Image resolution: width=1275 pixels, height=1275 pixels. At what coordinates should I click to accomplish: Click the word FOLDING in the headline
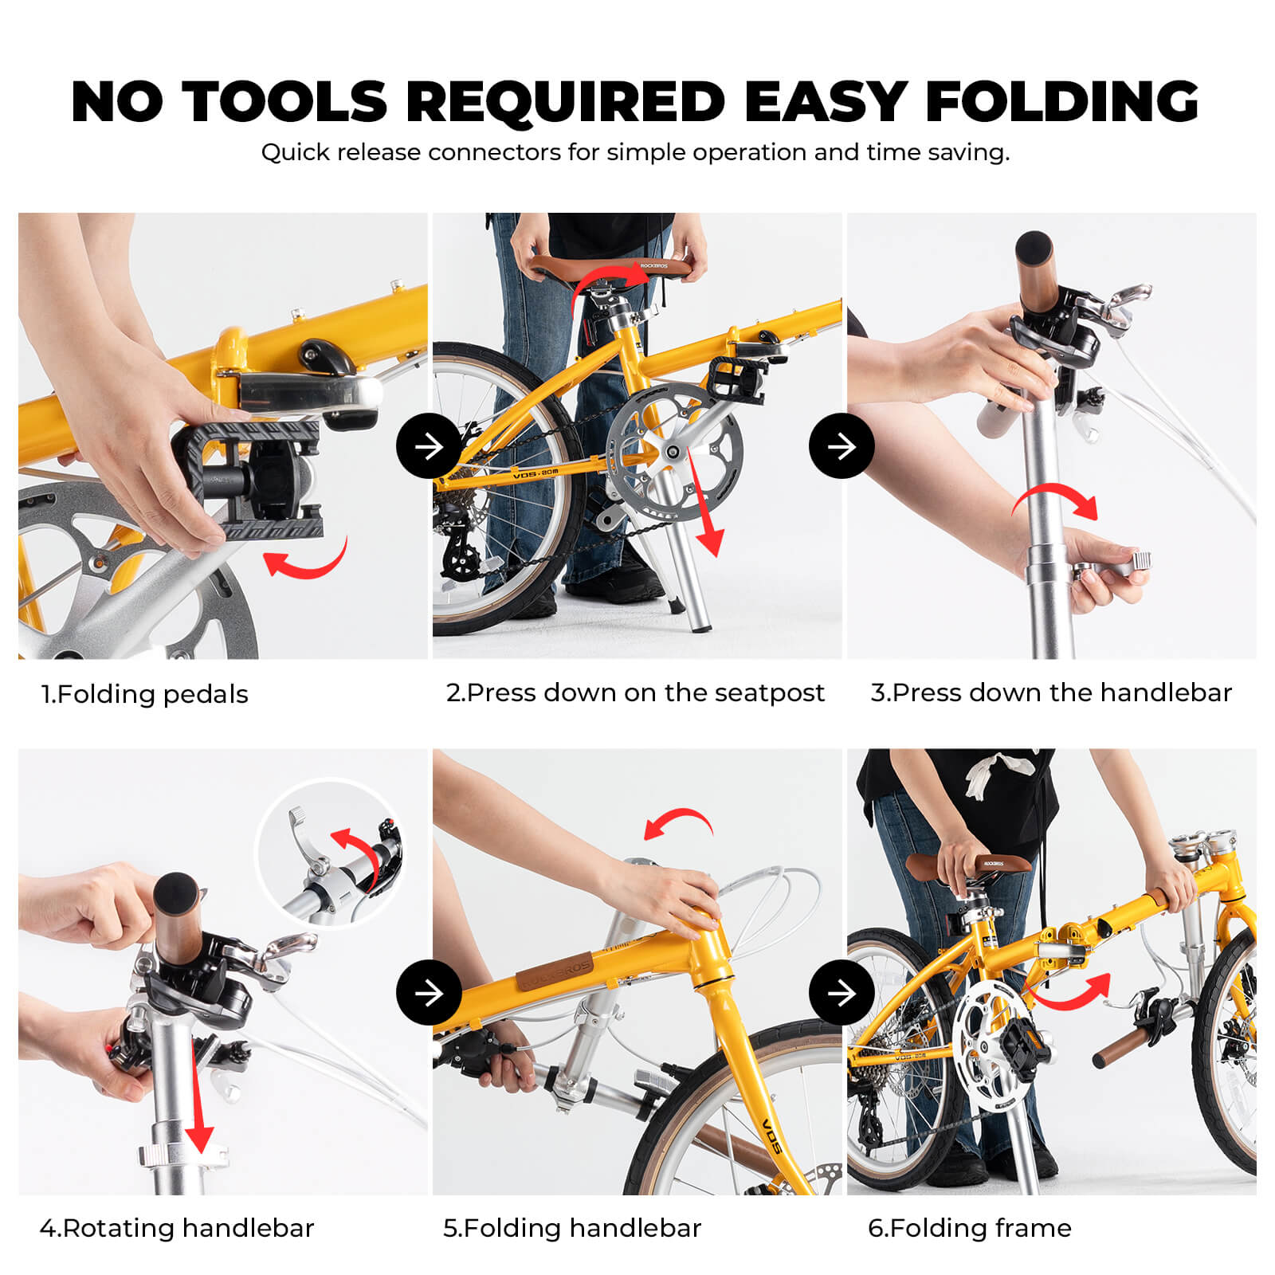1061,102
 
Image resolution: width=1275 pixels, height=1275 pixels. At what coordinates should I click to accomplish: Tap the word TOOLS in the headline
284,102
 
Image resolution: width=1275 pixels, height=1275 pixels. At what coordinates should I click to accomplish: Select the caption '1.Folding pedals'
145,694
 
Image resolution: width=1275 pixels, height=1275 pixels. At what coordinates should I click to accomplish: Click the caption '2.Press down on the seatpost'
635,692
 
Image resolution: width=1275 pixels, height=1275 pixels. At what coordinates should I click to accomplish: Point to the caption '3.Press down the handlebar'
1051,692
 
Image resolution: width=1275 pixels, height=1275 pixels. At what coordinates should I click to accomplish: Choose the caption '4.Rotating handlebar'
177,1228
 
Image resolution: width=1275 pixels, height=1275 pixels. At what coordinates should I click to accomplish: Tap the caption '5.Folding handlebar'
572,1228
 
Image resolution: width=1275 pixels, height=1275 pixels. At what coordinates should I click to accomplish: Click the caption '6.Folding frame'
970,1228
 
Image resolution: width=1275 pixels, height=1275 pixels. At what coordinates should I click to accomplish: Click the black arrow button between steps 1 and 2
429,446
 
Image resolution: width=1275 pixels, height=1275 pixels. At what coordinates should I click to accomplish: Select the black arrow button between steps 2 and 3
841,446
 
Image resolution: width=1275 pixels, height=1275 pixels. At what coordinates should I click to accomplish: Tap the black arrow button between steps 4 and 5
429,993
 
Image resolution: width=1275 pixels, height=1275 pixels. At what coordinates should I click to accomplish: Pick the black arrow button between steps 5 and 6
841,993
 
